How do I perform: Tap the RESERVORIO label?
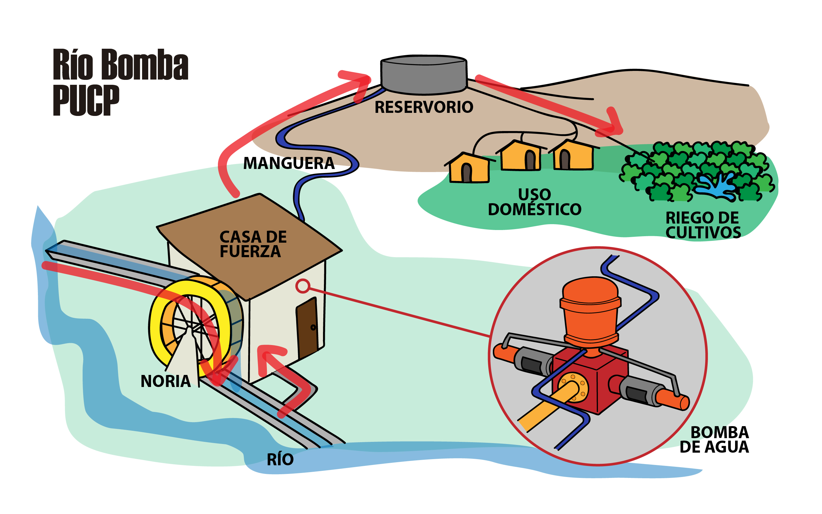pos(423,107)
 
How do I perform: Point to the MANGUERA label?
pos(289,163)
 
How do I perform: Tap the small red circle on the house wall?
pos(302,286)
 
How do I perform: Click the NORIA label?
pos(166,381)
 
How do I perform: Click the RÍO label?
pos(280,460)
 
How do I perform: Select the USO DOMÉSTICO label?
pos(534,202)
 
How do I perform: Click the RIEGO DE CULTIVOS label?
pos(703,225)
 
